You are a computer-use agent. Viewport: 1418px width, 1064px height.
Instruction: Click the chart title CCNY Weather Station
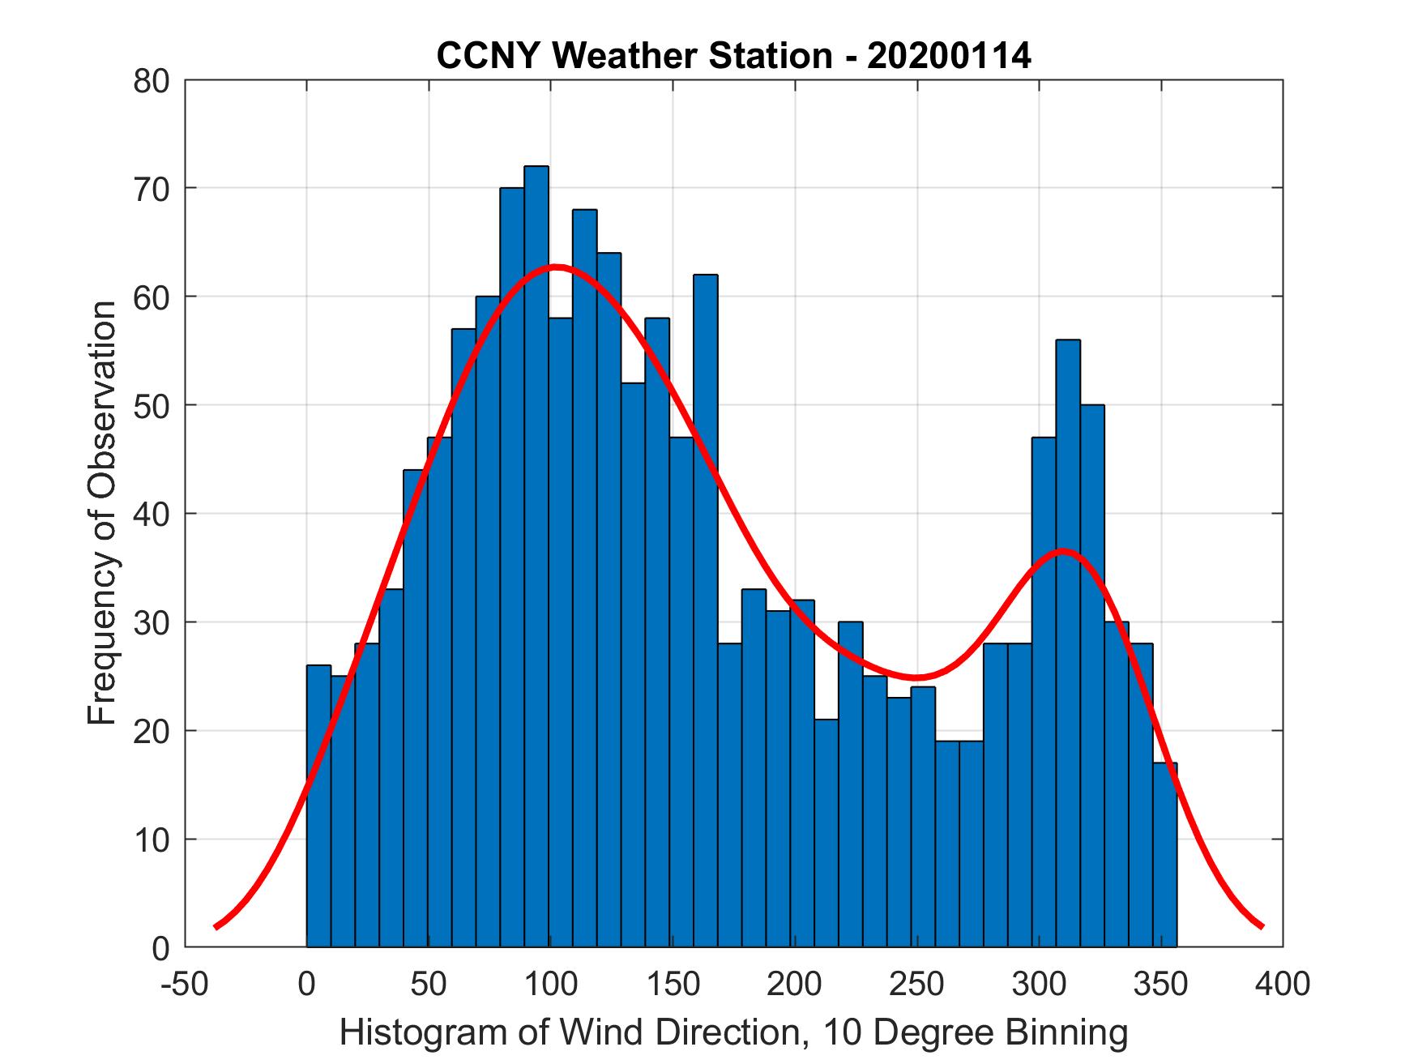(x=733, y=56)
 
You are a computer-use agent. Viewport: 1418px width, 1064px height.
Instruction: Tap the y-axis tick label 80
(x=151, y=81)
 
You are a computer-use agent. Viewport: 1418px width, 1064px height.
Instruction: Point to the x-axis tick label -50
(x=185, y=984)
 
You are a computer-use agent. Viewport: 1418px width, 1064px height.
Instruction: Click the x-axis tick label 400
(x=1282, y=984)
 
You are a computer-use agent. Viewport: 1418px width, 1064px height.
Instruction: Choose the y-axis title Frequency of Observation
(x=103, y=514)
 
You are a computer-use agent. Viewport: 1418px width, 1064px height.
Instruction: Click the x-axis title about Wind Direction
(x=733, y=1032)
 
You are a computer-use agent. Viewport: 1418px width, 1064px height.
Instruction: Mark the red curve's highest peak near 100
(x=556, y=267)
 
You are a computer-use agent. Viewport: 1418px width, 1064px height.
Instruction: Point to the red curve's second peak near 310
(x=1062, y=551)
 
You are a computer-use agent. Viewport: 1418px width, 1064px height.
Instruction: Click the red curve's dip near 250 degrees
(x=916, y=677)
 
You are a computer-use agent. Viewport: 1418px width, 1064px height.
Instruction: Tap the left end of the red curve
(x=216, y=926)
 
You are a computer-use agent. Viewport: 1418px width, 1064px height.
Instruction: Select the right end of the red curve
(x=1261, y=925)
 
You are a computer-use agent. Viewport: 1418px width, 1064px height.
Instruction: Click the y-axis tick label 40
(x=151, y=514)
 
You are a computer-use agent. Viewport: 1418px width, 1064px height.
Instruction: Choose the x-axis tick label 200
(x=795, y=984)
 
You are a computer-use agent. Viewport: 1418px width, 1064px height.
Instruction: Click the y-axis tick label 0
(x=160, y=948)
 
